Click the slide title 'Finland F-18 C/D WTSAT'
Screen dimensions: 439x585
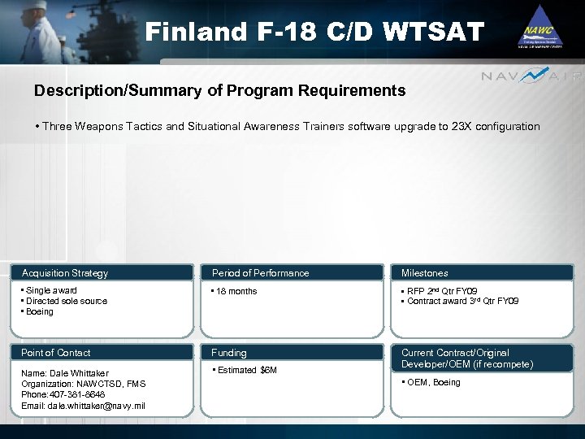coord(314,33)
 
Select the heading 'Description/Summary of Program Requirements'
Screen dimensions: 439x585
coord(219,91)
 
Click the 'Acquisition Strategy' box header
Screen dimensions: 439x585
coord(65,273)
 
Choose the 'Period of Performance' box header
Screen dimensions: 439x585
coord(260,273)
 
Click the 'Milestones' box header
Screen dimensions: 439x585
coord(424,273)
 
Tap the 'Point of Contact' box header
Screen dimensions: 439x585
coord(56,353)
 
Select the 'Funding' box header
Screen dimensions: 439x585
coord(229,353)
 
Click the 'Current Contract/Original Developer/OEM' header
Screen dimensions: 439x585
coord(467,359)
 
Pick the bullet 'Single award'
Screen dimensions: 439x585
coord(51,290)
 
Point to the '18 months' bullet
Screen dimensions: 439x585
coord(236,291)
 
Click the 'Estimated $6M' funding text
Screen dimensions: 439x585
coord(247,371)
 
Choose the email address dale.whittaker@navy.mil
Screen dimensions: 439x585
coord(84,406)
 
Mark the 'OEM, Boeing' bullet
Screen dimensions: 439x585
coord(433,383)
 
